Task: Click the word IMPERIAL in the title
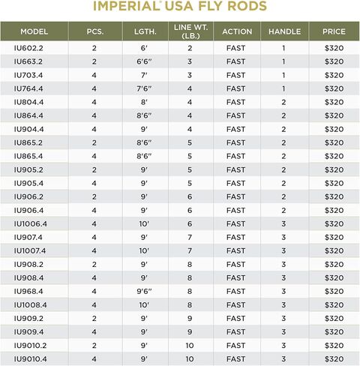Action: [124, 7]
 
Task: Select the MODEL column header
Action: [34, 32]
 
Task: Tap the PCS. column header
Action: [94, 32]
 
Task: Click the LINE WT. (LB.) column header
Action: [190, 32]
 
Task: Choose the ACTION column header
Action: [236, 32]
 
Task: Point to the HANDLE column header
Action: [284, 32]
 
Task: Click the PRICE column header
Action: [333, 32]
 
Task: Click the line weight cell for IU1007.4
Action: [190, 250]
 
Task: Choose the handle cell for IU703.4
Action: [284, 75]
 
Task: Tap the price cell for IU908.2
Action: [333, 264]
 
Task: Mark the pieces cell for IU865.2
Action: [94, 142]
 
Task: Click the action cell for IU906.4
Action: [236, 210]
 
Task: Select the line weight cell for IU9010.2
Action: [190, 345]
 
